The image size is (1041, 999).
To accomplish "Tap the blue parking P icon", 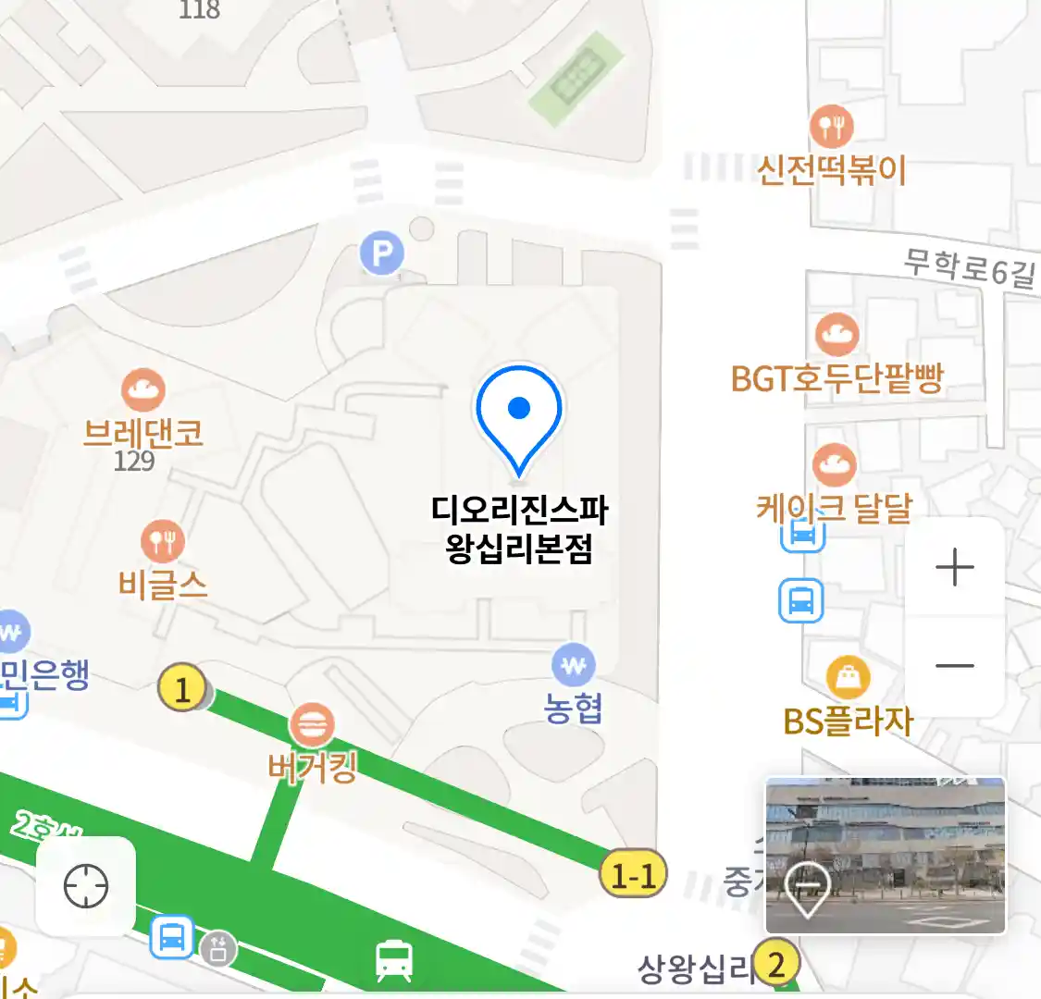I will point(382,253).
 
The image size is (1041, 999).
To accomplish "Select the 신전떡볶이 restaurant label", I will point(831,171).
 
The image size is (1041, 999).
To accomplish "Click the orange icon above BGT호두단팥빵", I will point(837,335).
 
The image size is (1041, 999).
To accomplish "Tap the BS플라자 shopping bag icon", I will point(848,679).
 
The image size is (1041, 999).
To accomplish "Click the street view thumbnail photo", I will point(886,856).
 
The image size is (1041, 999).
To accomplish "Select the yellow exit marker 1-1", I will point(634,874).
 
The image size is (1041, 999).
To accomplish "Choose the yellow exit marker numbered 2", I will point(776,964).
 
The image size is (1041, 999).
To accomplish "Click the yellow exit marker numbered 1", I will point(182,689).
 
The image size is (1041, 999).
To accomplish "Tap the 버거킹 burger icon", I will point(312,725).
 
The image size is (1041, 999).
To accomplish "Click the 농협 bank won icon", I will point(574,664).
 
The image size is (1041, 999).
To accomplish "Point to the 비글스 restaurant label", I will point(163,585).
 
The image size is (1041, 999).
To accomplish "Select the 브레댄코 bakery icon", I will point(143,391).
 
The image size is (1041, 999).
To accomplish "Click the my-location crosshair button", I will point(86,886).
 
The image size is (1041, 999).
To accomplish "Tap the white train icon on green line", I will point(394,960).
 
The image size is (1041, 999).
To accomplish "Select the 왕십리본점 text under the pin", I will point(519,549).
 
